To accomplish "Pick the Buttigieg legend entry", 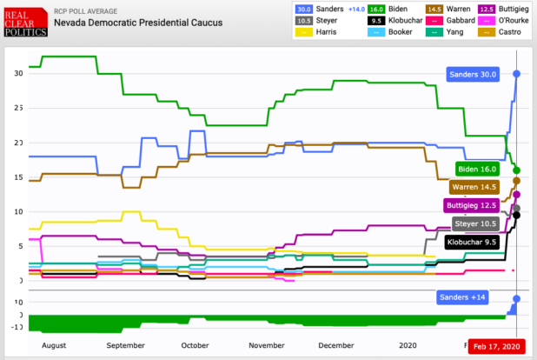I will coord(509,9).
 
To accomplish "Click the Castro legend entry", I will coord(509,33).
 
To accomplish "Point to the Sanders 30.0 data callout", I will coord(474,75).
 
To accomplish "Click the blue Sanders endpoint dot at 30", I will coord(517,74).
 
